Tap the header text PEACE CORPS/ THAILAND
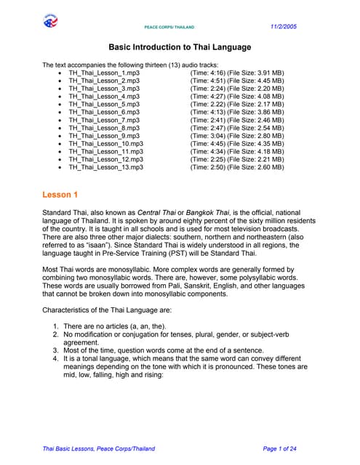click(169, 27)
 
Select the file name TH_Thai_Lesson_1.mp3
click(104, 73)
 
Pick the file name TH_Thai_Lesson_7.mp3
click(104, 120)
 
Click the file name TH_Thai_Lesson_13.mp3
click(106, 166)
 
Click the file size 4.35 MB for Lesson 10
click(269, 143)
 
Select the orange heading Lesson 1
click(60, 195)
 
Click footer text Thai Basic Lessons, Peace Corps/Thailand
click(99, 448)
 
